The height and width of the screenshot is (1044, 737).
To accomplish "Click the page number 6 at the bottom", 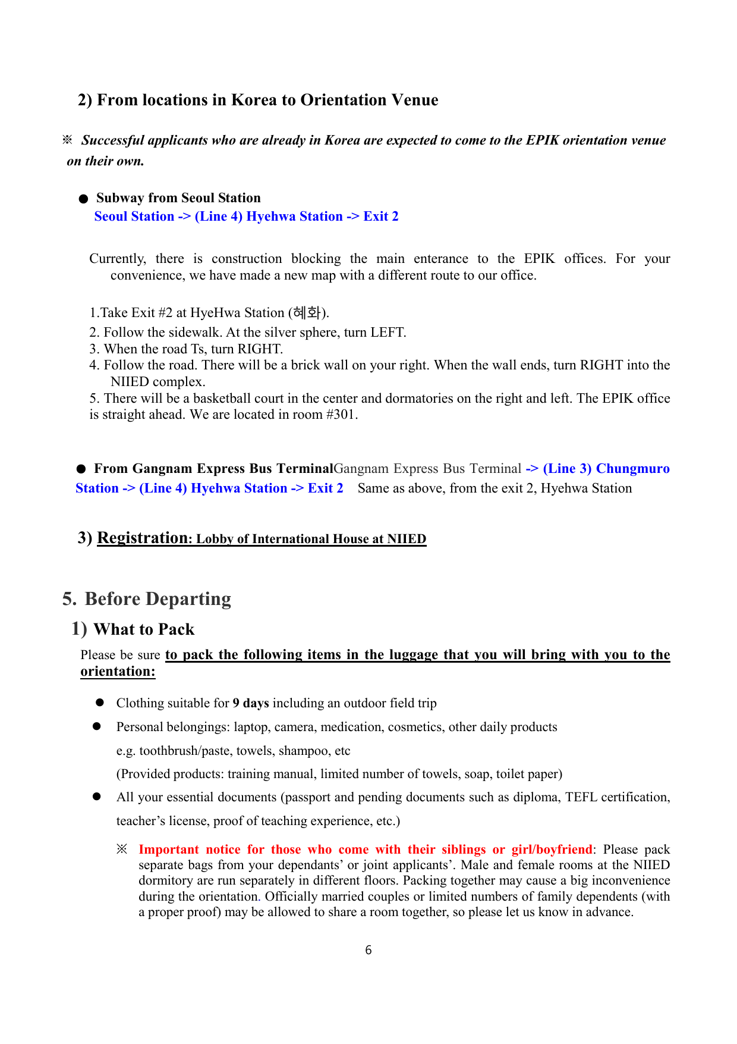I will click(368, 950).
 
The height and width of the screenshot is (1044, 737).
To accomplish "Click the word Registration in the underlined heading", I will click(142, 538).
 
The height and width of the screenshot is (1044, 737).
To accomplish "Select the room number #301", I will click(341, 415).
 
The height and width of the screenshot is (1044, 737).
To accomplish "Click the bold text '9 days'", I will click(251, 703).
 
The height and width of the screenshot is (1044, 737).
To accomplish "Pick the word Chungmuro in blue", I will click(632, 469).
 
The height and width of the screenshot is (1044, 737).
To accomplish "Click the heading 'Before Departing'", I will click(158, 599).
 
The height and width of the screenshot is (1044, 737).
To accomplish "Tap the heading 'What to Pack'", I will click(144, 629).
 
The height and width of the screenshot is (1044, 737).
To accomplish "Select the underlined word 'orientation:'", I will click(118, 672).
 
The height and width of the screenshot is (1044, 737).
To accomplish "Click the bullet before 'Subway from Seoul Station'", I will click(84, 199).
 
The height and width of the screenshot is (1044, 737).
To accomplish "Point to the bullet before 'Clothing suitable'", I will click(100, 703).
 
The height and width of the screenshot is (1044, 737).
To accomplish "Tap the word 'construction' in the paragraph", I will click(247, 259).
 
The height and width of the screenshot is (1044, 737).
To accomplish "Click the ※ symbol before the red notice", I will click(122, 849).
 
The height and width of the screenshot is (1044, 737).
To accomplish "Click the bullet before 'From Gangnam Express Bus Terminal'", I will click(81, 469).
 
